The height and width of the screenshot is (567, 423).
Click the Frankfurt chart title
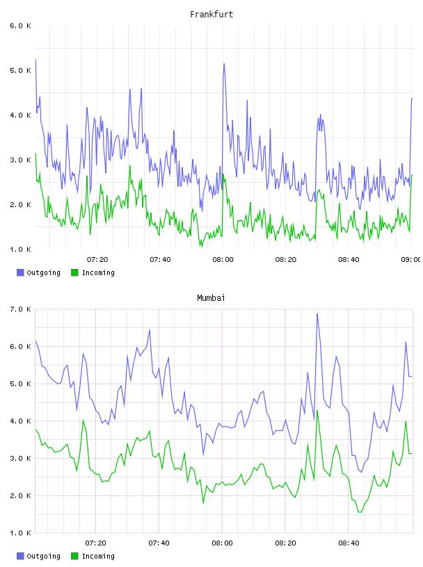coord(211,15)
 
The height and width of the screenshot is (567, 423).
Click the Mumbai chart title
coord(211,298)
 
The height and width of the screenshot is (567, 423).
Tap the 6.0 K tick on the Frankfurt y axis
coord(21,26)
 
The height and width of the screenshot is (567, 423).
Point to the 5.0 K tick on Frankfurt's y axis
coord(21,70)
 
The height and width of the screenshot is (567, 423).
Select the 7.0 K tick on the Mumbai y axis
coord(21,309)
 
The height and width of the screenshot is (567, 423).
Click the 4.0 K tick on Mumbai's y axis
coord(21,421)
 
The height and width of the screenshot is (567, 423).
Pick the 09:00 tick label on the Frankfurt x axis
coord(411,260)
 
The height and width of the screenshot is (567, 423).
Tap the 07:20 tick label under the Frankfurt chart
coord(97,260)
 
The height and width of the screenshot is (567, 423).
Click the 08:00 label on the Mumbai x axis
coord(223,543)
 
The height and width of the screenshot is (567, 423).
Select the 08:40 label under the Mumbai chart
coord(349,543)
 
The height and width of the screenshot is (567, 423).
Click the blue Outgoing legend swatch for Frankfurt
coord(20,272)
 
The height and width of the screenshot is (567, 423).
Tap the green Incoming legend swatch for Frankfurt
coord(74,272)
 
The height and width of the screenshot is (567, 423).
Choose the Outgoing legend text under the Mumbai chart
coord(43,556)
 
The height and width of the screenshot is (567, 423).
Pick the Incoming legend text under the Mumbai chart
coord(98,556)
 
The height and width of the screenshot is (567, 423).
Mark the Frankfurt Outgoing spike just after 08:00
coord(224,64)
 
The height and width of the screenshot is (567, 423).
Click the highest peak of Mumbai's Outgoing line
coord(317,314)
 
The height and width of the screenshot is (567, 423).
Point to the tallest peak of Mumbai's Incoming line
coord(317,411)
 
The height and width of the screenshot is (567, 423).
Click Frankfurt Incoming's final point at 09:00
coord(412,175)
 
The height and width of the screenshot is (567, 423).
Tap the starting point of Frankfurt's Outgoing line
coord(35,59)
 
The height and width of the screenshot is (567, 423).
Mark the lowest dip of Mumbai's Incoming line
coord(360,512)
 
